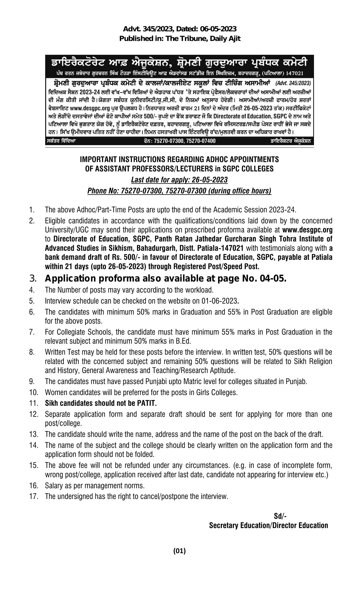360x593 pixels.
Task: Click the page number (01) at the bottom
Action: [x=180, y=551]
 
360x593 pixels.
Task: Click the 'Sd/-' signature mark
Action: [x=280, y=516]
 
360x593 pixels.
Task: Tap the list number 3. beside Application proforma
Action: [x=32, y=279]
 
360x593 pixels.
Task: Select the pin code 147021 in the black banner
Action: [x=294, y=73]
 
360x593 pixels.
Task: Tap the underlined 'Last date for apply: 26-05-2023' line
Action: [x=180, y=180]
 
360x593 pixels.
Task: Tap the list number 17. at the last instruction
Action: [x=34, y=496]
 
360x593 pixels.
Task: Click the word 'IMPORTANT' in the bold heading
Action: [x=95, y=160]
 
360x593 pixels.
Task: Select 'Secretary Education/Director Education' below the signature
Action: [x=269, y=525]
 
